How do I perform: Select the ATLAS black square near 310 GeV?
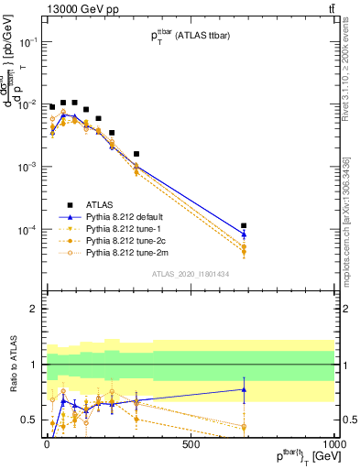[136, 154]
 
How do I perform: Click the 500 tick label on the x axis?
[190, 444]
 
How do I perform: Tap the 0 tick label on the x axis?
[46, 444]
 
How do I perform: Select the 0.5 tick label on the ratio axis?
[28, 420]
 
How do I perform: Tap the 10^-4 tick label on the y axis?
[25, 229]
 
